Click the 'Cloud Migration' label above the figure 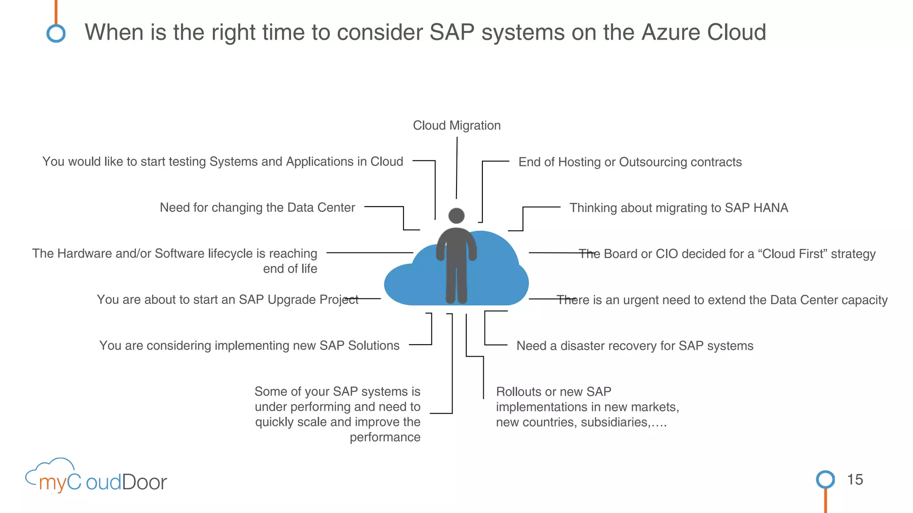pos(456,126)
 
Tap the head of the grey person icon pos(456,216)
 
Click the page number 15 pos(855,480)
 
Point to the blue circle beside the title pos(56,33)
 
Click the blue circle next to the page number pos(825,480)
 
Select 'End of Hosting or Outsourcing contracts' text pos(630,162)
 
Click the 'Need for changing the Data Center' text pos(257,208)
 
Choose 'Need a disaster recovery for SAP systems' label pos(635,346)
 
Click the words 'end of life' pos(290,269)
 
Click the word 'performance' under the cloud pos(385,437)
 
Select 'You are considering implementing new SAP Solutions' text pos(249,346)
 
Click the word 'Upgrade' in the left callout pos(288,300)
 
